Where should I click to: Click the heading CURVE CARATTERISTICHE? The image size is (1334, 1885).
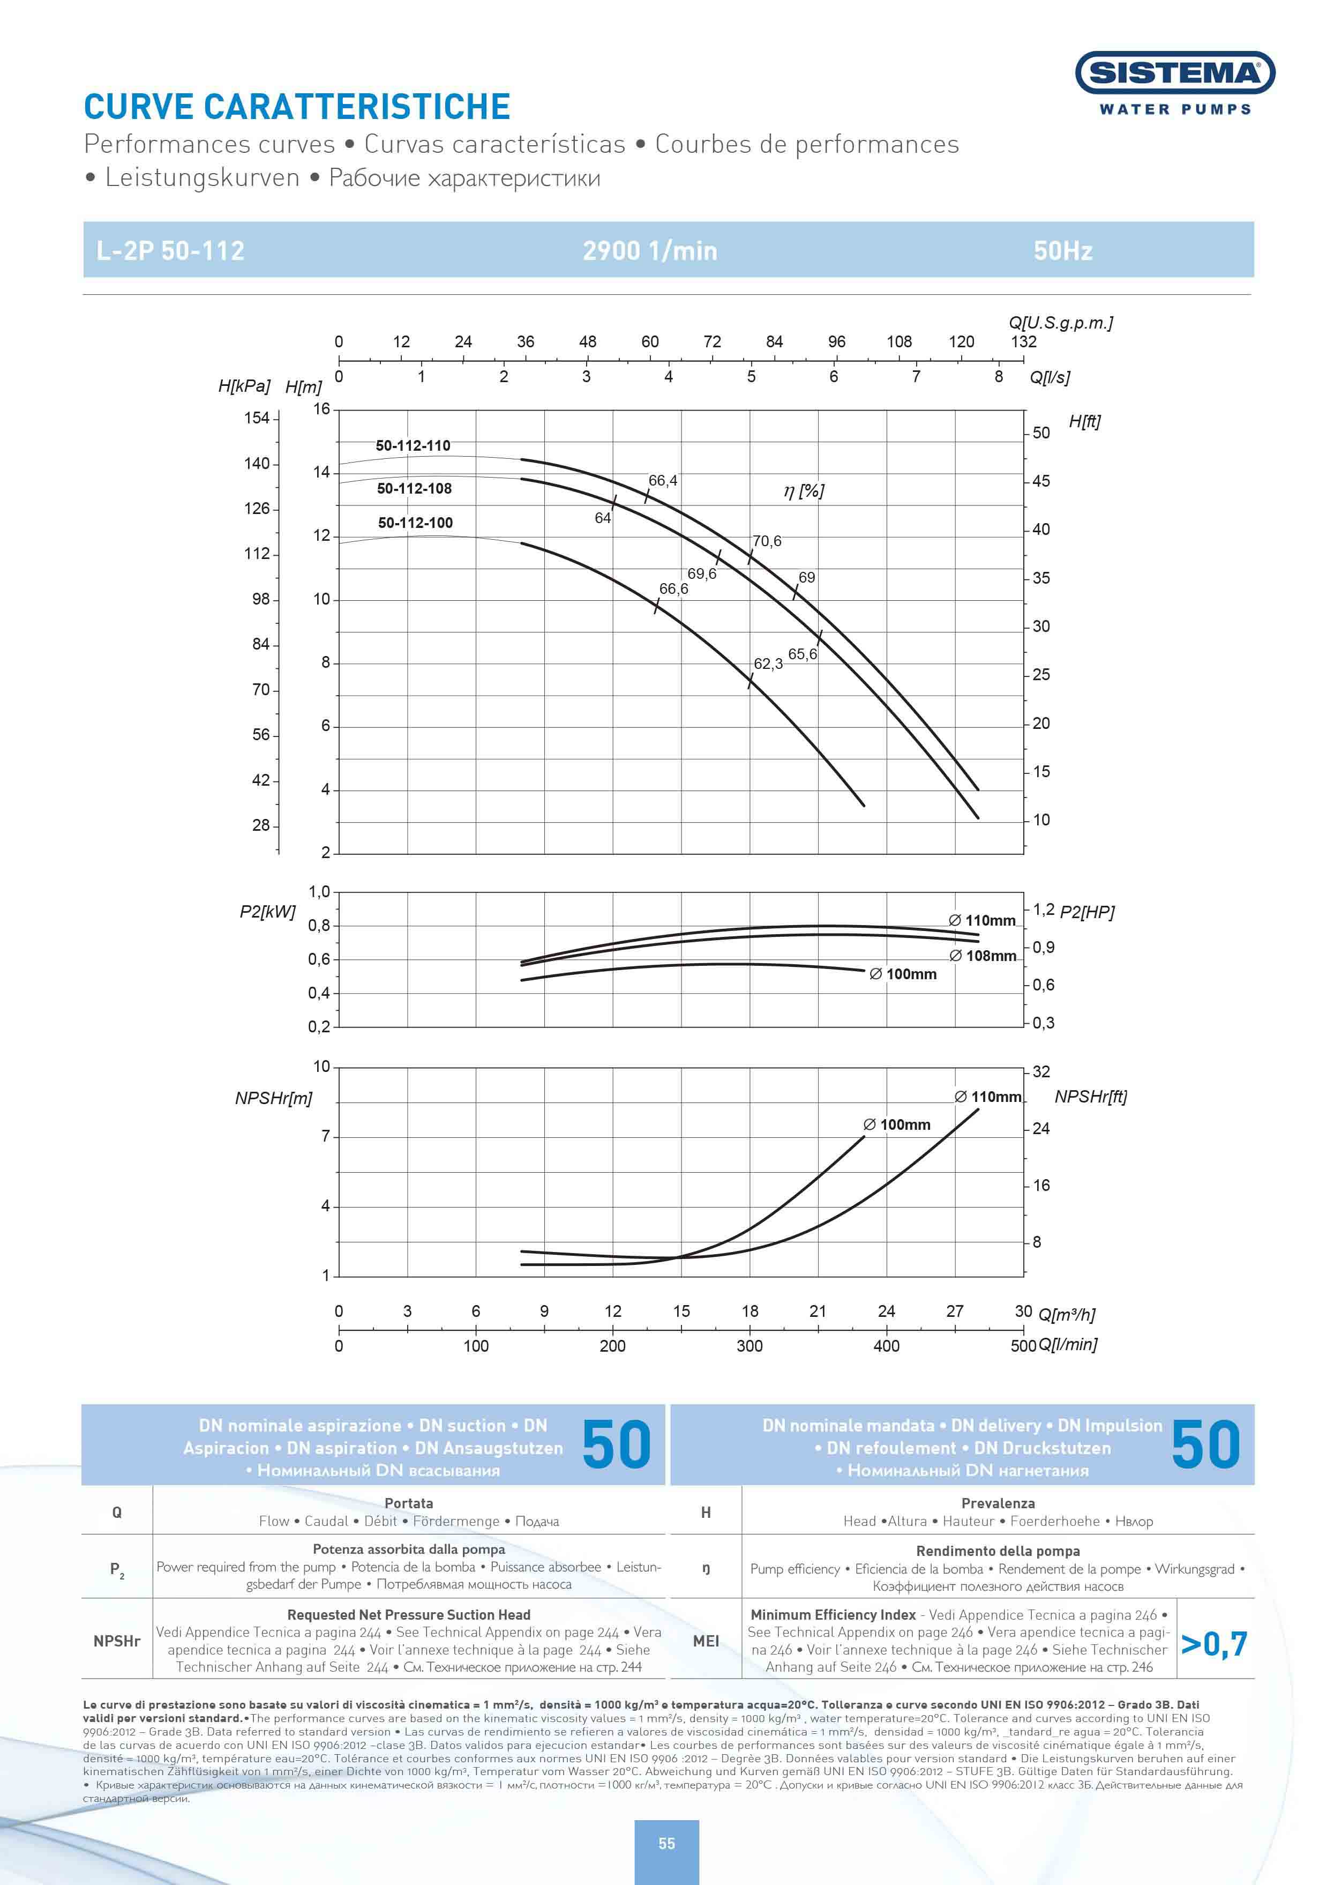coord(297,107)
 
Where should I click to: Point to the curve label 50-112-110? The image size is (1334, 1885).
coord(413,446)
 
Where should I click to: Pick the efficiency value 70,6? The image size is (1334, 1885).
coord(767,541)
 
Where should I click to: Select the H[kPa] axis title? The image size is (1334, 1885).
coord(243,385)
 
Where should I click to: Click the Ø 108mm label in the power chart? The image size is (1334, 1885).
coord(983,956)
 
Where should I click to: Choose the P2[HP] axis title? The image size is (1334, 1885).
coord(1086,912)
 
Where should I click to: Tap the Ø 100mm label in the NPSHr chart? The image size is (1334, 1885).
coord(896,1125)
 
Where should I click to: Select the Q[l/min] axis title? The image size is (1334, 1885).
coord(1068,1344)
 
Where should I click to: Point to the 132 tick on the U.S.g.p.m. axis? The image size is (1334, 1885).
coord(1023,342)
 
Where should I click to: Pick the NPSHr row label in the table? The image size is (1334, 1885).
coord(117,1641)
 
